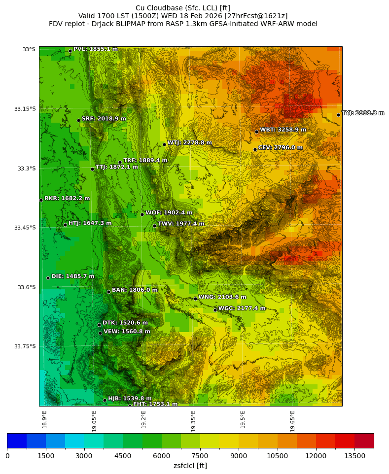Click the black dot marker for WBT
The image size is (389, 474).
pyautogui.click(x=256, y=132)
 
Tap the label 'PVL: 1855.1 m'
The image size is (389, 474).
pyautogui.click(x=95, y=49)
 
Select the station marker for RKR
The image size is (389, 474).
pyautogui.click(x=41, y=200)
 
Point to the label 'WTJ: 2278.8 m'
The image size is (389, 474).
pyautogui.click(x=189, y=143)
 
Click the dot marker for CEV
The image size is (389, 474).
pyautogui.click(x=255, y=149)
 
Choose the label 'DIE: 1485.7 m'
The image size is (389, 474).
pyautogui.click(x=72, y=276)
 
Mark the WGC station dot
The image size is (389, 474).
pyautogui.click(x=215, y=310)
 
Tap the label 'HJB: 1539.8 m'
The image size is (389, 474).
pyautogui.click(x=130, y=399)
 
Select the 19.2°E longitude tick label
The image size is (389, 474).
pyautogui.click(x=144, y=420)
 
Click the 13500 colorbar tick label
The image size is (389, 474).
pyautogui.click(x=354, y=457)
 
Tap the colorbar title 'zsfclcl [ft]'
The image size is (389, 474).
pyautogui.click(x=190, y=466)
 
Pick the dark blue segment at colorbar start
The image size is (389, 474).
pyautogui.click(x=17, y=440)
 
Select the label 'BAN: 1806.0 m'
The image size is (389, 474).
pyautogui.click(x=135, y=290)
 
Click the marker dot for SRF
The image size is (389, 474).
pyautogui.click(x=78, y=120)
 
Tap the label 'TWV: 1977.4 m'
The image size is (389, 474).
pyautogui.click(x=181, y=224)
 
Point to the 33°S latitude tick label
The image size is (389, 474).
pyautogui.click(x=29, y=49)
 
